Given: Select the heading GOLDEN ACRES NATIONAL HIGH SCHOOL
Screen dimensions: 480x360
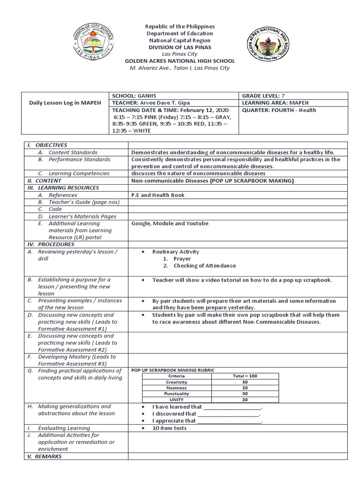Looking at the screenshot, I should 180,61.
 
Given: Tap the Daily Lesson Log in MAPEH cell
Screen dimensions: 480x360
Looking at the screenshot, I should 65,103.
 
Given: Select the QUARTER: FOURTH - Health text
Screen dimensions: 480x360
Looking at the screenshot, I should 279,110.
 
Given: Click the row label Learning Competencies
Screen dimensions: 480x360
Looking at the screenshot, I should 79,173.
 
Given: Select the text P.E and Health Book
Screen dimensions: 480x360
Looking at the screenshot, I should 157,195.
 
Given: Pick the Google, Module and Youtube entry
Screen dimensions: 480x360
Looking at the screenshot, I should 170,224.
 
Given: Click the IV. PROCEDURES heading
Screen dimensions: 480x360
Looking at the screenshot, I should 51,245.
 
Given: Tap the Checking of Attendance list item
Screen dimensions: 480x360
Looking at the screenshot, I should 204,266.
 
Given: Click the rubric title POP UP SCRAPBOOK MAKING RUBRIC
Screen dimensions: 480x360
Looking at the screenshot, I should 172,370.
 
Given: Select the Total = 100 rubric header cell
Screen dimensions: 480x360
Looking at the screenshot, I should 245,376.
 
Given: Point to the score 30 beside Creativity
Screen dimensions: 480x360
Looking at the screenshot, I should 245,382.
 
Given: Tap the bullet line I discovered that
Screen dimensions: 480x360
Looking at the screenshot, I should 206,414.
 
